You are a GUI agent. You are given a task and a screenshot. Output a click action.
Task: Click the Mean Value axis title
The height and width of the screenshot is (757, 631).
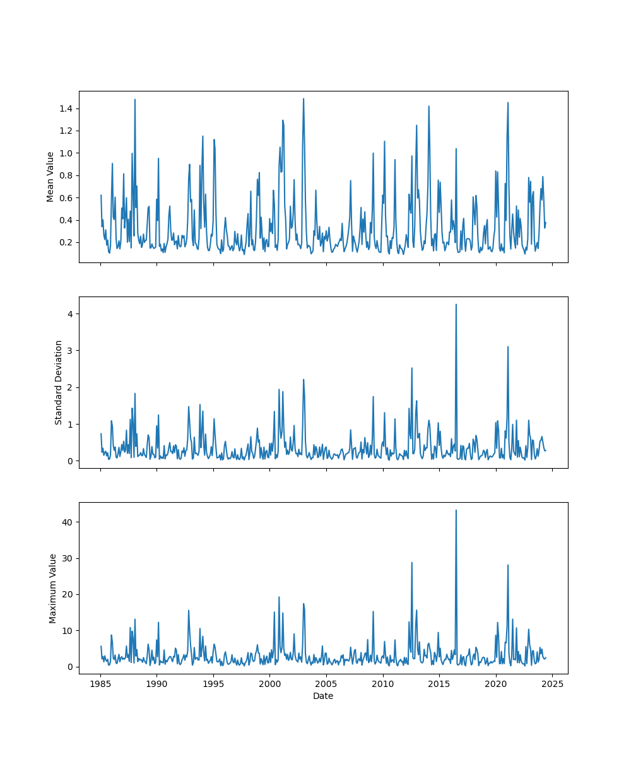pyautogui.click(x=50, y=177)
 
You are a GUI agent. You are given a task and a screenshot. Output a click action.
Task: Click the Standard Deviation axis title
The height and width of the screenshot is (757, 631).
pyautogui.click(x=59, y=382)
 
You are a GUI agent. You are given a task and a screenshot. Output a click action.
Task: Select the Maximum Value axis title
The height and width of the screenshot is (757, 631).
pyautogui.click(x=53, y=588)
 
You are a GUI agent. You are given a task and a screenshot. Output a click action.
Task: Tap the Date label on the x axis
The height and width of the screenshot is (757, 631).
pyautogui.click(x=323, y=696)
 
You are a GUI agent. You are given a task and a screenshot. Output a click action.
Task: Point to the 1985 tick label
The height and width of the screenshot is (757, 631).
pyautogui.click(x=100, y=684)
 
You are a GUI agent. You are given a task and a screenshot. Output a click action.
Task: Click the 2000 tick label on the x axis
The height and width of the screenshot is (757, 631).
pyautogui.click(x=270, y=684)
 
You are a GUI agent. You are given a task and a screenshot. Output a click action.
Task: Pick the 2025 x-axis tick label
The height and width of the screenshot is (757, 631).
pyautogui.click(x=553, y=684)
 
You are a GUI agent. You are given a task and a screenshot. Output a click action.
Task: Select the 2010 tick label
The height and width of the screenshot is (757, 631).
pyautogui.click(x=383, y=684)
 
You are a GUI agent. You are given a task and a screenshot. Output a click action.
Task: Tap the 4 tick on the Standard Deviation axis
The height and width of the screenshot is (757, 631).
pyautogui.click(x=71, y=314)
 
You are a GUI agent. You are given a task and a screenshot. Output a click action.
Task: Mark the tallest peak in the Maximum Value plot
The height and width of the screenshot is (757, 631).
pyautogui.click(x=456, y=510)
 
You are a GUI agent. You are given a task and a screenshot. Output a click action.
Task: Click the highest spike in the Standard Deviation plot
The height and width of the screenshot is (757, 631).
pyautogui.click(x=456, y=305)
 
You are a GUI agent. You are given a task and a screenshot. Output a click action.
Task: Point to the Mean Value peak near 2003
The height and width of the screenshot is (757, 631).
pyautogui.click(x=304, y=99)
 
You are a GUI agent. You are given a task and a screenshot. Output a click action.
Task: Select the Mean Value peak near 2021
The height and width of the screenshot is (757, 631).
pyautogui.click(x=508, y=103)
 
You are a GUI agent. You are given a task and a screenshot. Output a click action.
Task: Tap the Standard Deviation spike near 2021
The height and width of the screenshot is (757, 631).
pyautogui.click(x=508, y=346)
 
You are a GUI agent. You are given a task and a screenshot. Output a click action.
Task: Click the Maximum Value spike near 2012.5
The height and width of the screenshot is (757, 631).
pyautogui.click(x=412, y=563)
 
